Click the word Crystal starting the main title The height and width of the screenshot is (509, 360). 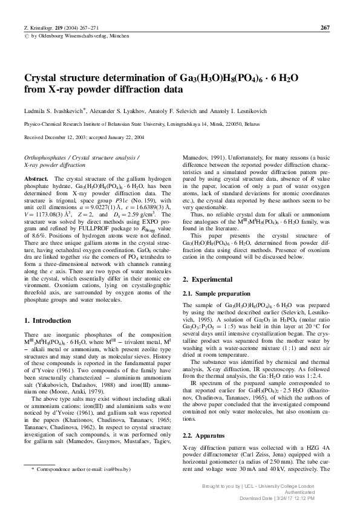click(43, 78)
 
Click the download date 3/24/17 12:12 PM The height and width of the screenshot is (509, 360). click(303, 498)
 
